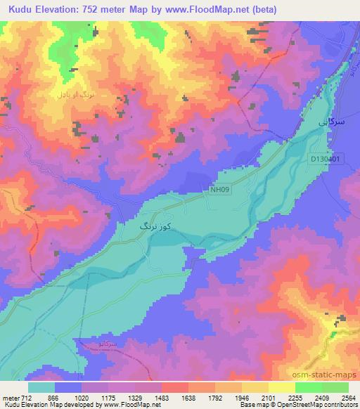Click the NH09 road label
[x=219, y=189]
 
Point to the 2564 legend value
[x=348, y=397]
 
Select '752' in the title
[x=92, y=10]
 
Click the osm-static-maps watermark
[x=322, y=376]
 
